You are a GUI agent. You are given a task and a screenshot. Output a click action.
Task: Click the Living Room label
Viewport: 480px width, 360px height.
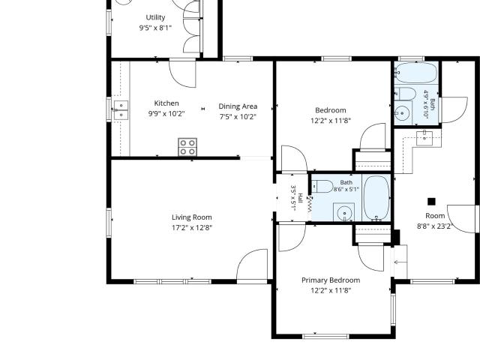pos(192,217)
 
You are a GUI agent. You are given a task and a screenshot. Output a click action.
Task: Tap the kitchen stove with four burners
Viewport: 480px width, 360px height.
pos(187,147)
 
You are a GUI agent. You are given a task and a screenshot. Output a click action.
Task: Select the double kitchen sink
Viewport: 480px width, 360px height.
pos(121,110)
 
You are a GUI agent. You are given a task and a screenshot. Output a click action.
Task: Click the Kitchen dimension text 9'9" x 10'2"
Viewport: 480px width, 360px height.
pos(166,114)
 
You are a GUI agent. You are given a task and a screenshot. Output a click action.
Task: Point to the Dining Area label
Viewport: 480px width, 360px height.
pos(238,106)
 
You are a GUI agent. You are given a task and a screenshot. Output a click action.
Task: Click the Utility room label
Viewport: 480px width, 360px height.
pos(155,17)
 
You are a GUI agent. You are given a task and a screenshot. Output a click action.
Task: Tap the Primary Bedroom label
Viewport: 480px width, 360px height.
pos(331,280)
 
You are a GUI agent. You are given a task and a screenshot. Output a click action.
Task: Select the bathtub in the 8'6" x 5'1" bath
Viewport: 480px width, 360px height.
pos(376,198)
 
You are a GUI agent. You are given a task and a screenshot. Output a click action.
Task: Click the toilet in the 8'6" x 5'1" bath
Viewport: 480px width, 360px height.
pos(322,187)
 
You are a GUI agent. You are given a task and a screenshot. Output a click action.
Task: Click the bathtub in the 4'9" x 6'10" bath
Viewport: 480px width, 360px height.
pos(415,73)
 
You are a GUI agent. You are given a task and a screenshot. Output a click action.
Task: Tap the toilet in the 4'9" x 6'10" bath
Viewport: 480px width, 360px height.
pos(405,93)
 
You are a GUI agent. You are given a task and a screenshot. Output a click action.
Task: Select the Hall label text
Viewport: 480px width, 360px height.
pos(301,198)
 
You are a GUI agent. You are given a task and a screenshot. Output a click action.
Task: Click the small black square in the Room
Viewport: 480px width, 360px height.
pos(431,202)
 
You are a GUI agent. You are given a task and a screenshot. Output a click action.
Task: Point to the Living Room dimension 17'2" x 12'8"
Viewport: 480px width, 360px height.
pos(192,228)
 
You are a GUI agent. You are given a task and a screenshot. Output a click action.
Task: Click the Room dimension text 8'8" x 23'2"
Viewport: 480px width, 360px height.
pos(435,226)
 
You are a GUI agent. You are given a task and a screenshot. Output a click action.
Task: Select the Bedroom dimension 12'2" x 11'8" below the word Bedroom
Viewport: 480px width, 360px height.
pos(331,121)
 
